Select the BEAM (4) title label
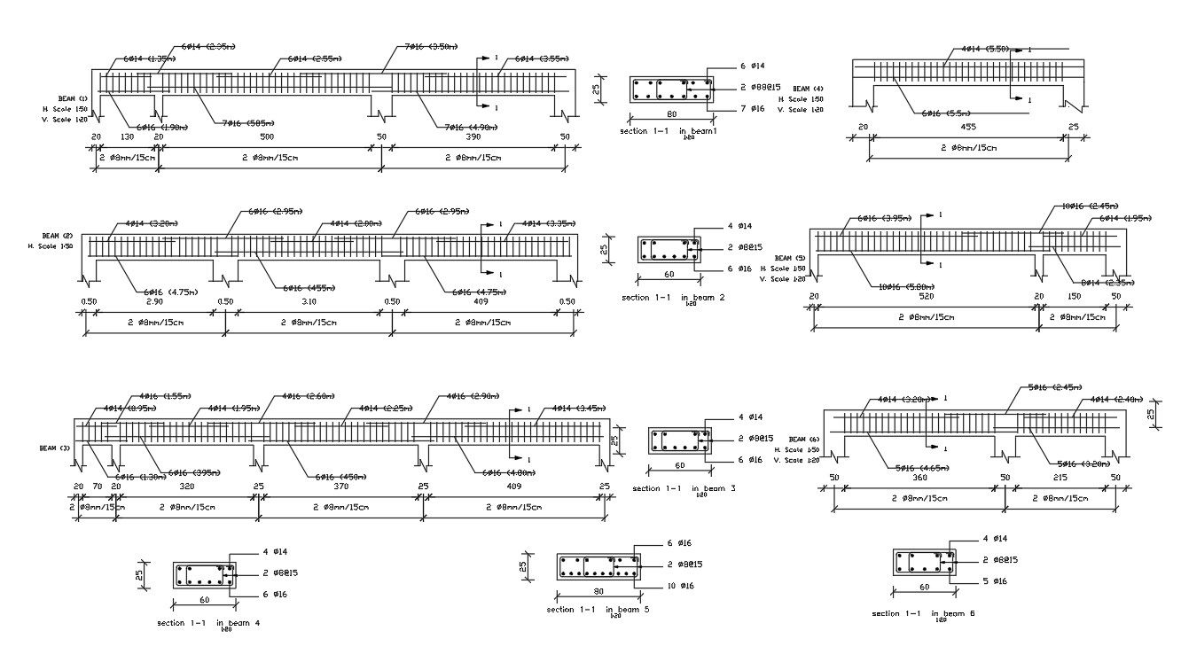[808, 89]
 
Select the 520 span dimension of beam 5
[926, 296]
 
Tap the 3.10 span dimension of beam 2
[309, 302]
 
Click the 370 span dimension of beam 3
[340, 487]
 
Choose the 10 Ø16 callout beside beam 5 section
[680, 586]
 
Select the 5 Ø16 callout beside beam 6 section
[995, 581]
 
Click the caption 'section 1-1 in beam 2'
[674, 298]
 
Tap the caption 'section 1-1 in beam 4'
[208, 623]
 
